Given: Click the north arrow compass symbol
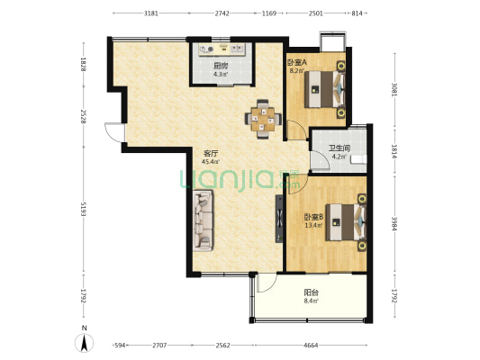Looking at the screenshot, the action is pos(84,343).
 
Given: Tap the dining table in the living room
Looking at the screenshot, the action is pos(263,119).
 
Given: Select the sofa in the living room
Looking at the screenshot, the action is pos(203,220).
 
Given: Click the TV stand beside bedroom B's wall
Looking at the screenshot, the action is pos(279,219).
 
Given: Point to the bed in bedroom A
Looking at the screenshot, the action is pos(324,89).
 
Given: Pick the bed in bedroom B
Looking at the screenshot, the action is pos(346,222).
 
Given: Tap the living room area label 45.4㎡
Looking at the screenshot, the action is pos(211,162).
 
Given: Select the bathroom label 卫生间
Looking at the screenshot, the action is pos(340,148).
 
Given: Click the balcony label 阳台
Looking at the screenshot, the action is pos(312,292).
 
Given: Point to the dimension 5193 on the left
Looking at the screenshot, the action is pos(83,209).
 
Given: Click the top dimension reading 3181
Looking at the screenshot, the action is pos(151,13).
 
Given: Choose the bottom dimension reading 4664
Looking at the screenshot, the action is pos(311,346).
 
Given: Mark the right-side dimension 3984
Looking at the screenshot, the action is pos(395,224).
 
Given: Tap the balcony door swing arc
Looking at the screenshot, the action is pos(267,283).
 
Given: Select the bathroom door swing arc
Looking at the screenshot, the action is pos(321,159).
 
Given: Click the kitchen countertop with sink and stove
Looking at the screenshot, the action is pos(222,49).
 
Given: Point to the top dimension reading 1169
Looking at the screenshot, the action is pos(269,13).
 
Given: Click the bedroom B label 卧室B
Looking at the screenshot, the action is pos(313,217).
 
